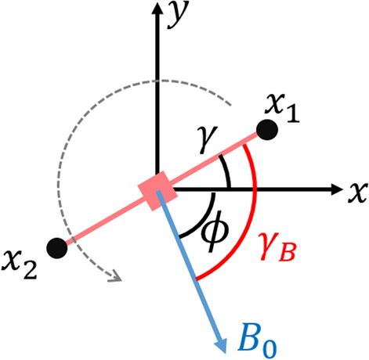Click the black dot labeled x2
coord(56,248)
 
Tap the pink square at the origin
coord(157,191)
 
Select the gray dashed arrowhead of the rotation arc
coord(114,275)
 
